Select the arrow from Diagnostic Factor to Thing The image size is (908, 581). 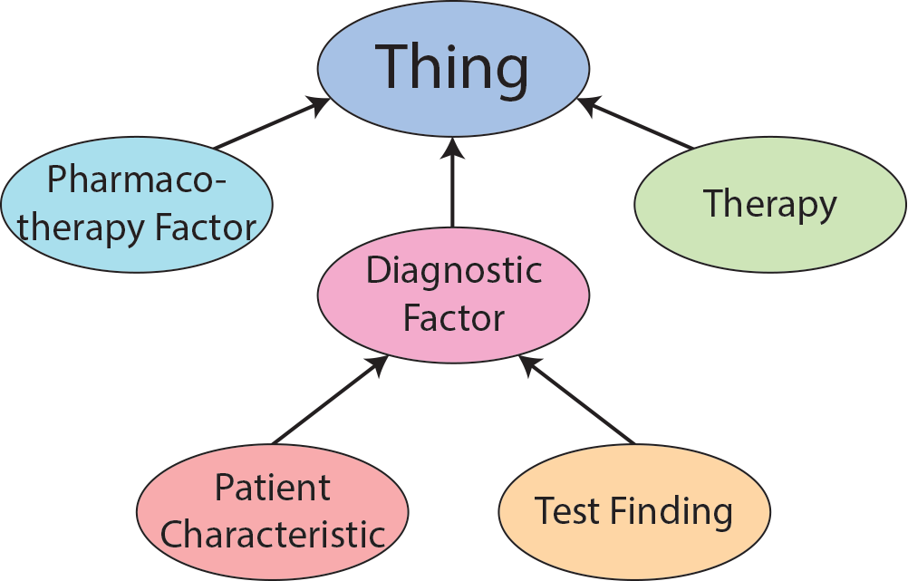click(453, 186)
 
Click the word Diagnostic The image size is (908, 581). click(453, 271)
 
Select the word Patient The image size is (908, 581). click(273, 489)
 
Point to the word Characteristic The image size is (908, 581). click(273, 534)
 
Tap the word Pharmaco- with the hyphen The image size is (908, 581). click(137, 179)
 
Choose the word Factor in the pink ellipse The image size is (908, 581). click(453, 318)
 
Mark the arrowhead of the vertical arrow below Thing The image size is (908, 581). click(453, 149)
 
